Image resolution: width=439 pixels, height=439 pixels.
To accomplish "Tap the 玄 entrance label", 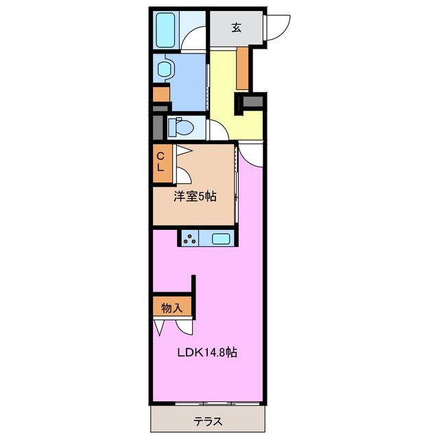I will tap(236, 27).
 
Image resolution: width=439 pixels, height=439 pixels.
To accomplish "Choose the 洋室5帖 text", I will tap(195, 197).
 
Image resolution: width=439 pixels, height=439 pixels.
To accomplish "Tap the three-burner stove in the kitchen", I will tap(190, 239).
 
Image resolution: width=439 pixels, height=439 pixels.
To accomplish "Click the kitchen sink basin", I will tap(222, 239).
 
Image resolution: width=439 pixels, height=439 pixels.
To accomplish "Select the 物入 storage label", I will tap(171, 308).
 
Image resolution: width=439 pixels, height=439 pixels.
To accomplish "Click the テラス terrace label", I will tap(206, 420).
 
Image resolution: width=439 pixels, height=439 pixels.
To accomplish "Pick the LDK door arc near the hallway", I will tap(251, 154).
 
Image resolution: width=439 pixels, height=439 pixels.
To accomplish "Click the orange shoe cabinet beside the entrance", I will tap(242, 69).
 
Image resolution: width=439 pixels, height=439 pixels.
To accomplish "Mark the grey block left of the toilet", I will tap(157, 128).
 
